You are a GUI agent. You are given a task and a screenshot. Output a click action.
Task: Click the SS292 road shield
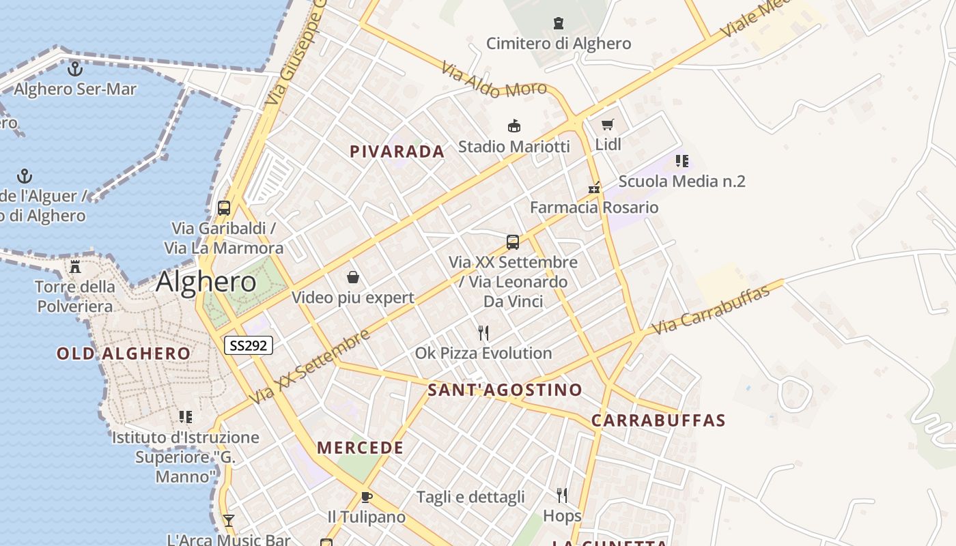[249, 345]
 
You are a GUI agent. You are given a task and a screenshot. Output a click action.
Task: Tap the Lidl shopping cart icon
[607, 125]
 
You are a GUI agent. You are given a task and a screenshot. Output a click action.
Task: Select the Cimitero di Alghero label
[559, 44]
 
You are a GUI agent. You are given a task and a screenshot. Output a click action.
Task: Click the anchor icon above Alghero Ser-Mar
[74, 68]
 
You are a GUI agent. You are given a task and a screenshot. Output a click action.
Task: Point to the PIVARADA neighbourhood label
[397, 152]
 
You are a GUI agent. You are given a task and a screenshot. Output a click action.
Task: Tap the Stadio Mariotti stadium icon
[514, 126]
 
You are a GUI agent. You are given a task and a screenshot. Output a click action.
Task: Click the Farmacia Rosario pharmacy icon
[594, 187]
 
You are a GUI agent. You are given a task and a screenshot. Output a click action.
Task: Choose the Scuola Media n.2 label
[681, 182]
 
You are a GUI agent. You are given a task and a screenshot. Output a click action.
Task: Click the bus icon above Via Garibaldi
[224, 208]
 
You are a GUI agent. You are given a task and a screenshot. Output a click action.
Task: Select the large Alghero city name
[206, 282]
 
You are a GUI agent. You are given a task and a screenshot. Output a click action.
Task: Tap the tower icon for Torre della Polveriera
[75, 266]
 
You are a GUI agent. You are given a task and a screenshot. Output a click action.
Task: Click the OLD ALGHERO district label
[124, 354]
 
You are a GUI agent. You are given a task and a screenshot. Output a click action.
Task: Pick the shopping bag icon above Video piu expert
[353, 277]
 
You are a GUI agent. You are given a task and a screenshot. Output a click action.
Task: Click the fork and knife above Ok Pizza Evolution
[483, 333]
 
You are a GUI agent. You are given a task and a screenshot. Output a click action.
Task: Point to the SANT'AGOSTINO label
[505, 390]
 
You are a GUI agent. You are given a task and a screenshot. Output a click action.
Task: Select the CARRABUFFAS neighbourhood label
[658, 420]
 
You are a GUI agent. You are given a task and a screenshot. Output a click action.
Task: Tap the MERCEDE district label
[361, 448]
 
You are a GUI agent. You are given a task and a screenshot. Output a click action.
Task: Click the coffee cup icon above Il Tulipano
[366, 497]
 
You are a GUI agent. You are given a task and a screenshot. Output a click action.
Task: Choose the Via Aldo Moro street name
[494, 80]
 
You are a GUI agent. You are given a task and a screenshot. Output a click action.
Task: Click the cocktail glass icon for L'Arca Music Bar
[229, 521]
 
